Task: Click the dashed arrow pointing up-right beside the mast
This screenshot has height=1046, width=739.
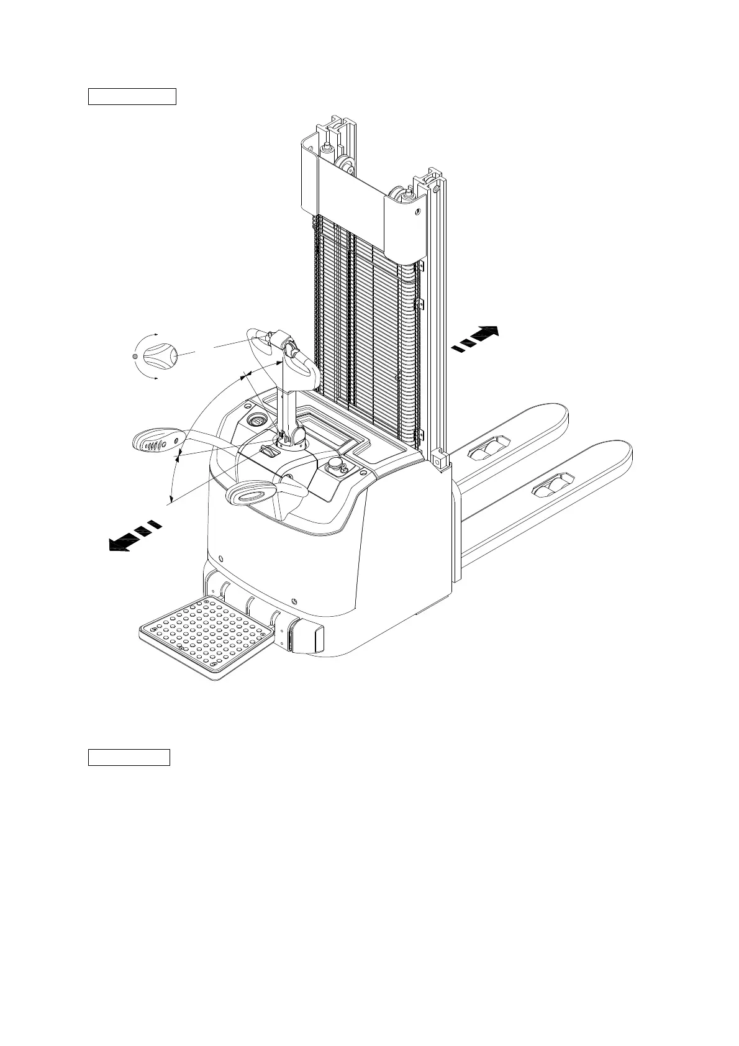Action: click(475, 339)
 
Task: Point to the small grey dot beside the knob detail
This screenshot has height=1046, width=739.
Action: click(135, 356)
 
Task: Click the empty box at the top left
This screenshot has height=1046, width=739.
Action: click(132, 97)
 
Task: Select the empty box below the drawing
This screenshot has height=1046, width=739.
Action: click(129, 758)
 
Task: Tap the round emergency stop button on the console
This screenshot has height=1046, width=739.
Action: click(336, 463)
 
